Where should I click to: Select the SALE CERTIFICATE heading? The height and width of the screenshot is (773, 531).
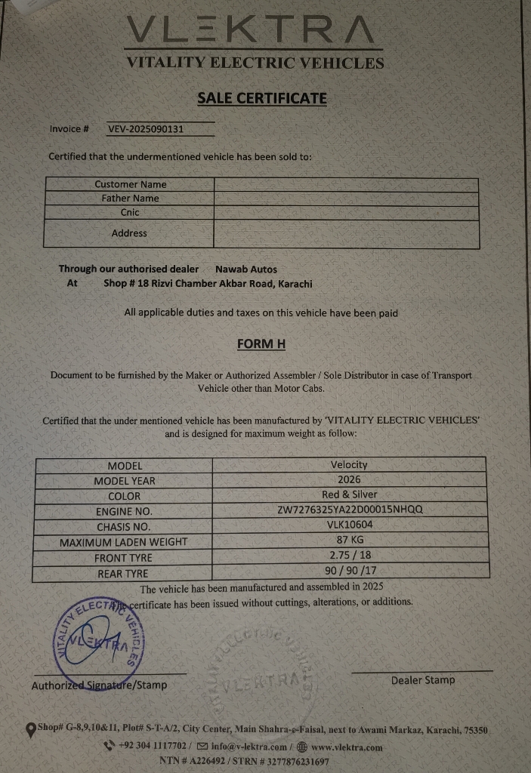[x=262, y=98]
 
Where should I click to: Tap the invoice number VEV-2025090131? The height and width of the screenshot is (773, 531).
[x=146, y=129]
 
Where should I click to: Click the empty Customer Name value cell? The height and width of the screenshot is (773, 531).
[x=346, y=184]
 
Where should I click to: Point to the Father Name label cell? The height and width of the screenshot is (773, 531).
[x=131, y=199]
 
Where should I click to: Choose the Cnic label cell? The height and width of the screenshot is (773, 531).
[x=130, y=213]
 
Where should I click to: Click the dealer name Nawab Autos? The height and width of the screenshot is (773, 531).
[x=246, y=269]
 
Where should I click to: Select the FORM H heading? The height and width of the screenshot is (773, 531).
[x=261, y=344]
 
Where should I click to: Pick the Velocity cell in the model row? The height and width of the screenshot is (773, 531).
[x=349, y=465]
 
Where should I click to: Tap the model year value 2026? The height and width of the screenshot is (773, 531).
[x=349, y=480]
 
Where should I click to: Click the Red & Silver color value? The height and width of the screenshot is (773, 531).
[x=349, y=495]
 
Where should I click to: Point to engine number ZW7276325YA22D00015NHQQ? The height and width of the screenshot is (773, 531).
[x=350, y=510]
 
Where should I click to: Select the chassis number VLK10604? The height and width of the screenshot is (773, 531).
[x=350, y=525]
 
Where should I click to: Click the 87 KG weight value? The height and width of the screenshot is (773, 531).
[x=350, y=540]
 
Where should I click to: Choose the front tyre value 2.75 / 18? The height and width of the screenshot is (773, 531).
[x=350, y=556]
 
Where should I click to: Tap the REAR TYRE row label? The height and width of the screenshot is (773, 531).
[x=122, y=574]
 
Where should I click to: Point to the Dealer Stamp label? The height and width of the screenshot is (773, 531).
[x=423, y=680]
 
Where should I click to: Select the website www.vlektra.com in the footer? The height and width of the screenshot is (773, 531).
[x=346, y=747]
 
